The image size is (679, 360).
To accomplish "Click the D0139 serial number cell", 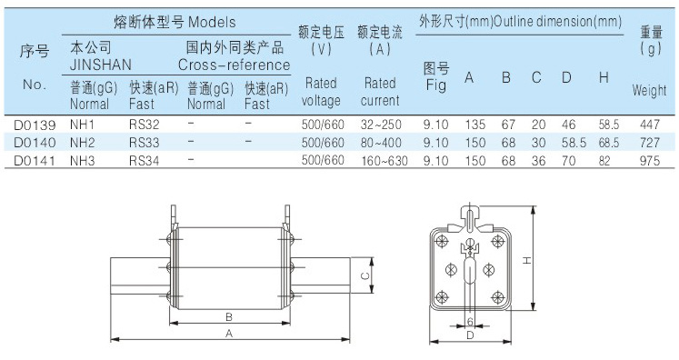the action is pyautogui.click(x=35, y=125).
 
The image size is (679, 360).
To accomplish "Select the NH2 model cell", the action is pyautogui.click(x=83, y=143).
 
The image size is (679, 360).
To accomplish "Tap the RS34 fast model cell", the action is pyautogui.click(x=145, y=161).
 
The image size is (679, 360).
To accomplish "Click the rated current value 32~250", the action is pyautogui.click(x=381, y=125).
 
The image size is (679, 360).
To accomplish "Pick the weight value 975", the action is pyautogui.click(x=650, y=161).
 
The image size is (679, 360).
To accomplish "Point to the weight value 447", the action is pyautogui.click(x=650, y=125).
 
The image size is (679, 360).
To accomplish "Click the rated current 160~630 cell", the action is pyautogui.click(x=384, y=161).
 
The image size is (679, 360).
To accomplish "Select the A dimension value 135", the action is pyautogui.click(x=475, y=125).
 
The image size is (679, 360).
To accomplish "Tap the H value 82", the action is pyautogui.click(x=604, y=161).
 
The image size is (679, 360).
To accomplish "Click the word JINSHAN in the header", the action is pyautogui.click(x=101, y=65).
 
